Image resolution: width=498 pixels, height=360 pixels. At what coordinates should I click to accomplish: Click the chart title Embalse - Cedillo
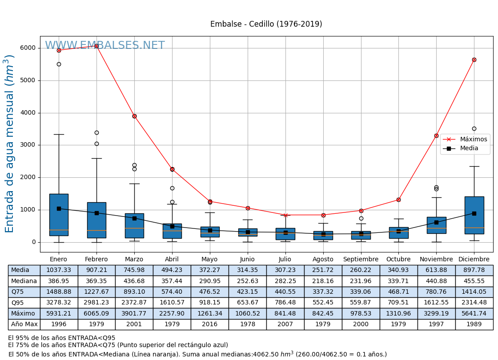pyautogui.click(x=266, y=24)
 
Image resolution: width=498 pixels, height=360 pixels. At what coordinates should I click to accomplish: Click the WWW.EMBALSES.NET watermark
pyautogui.click(x=105, y=46)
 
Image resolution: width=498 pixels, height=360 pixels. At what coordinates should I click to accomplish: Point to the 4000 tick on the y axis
pyautogui.click(x=28, y=113)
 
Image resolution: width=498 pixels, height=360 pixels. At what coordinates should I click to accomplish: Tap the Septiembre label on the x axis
pyautogui.click(x=361, y=259)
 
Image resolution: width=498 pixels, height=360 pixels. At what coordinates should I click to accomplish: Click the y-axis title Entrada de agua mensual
pyautogui.click(x=10, y=144)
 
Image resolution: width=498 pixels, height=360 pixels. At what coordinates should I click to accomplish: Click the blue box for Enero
pyautogui.click(x=59, y=215)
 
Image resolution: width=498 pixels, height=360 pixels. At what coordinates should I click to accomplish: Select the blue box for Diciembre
pyautogui.click(x=474, y=215)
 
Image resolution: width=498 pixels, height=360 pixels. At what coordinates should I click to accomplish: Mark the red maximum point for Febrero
pyautogui.click(x=96, y=46)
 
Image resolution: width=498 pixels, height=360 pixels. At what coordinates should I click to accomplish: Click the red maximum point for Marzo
pyautogui.click(x=134, y=116)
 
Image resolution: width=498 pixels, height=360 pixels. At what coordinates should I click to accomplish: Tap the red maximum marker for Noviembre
pyautogui.click(x=436, y=136)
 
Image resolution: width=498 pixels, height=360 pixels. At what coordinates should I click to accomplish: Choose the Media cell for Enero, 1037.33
pyautogui.click(x=59, y=270)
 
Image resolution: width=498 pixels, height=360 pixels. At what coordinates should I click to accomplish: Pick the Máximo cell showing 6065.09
pyautogui.click(x=96, y=313)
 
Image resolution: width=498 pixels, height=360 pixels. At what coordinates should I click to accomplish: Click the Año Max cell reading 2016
pyautogui.click(x=209, y=324)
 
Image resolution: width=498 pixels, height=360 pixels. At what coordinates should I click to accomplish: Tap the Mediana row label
pyautogui.click(x=24, y=281)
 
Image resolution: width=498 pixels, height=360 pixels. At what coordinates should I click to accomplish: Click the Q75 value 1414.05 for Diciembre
pyautogui.click(x=474, y=292)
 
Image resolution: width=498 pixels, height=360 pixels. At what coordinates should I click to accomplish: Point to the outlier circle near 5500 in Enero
pyautogui.click(x=59, y=64)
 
